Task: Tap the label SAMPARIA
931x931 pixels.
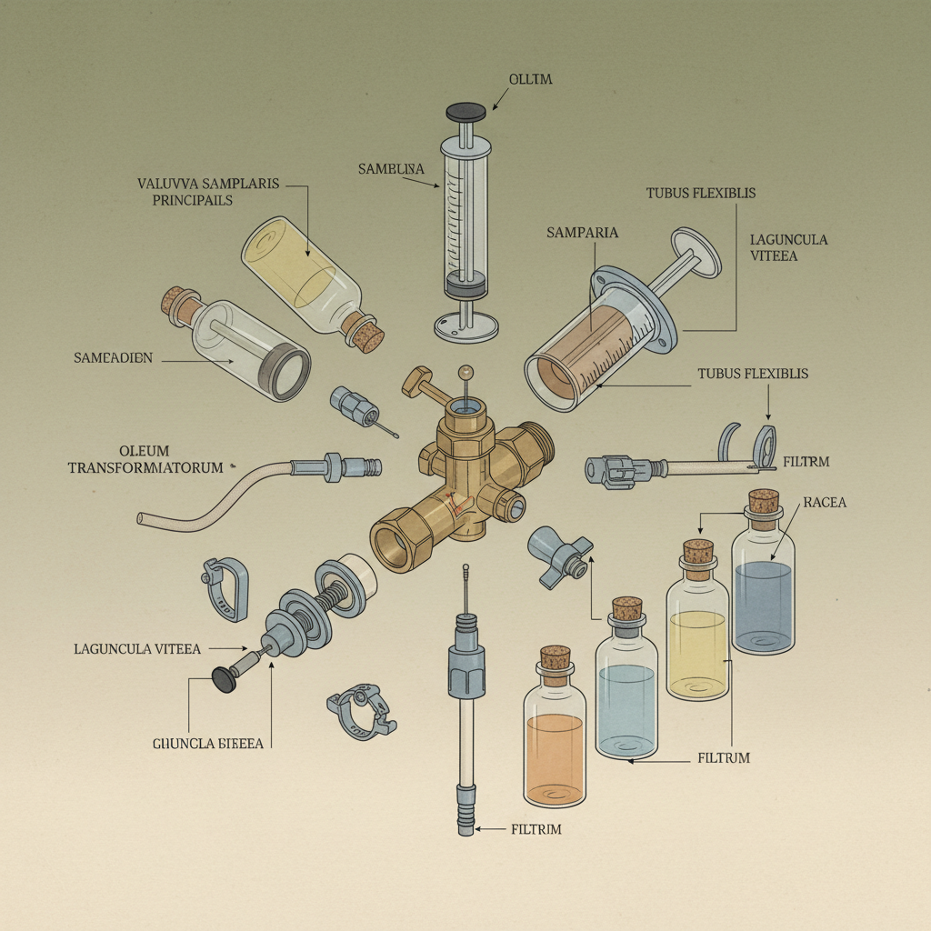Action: tap(582, 233)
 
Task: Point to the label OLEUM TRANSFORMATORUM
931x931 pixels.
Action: tap(145, 459)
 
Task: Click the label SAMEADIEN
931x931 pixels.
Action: tap(114, 359)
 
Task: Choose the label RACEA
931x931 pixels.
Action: tap(825, 502)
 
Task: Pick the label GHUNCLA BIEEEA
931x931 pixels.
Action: tap(208, 744)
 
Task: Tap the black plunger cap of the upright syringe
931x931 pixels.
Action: tap(466, 112)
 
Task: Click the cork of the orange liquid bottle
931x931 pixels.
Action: tap(555, 658)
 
